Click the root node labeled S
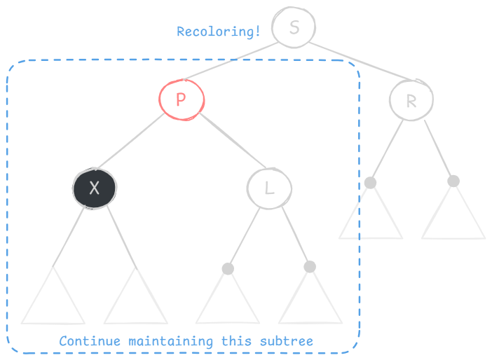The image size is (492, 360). pyautogui.click(x=294, y=28)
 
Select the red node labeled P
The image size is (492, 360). pyautogui.click(x=181, y=99)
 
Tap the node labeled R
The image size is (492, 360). pyautogui.click(x=411, y=101)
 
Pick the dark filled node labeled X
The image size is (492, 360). pyautogui.click(x=95, y=187)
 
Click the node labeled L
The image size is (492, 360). pyautogui.click(x=269, y=188)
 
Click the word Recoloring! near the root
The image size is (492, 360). pyautogui.click(x=219, y=32)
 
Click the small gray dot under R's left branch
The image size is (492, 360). pyautogui.click(x=370, y=183)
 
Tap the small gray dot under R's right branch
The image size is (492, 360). pyautogui.click(x=453, y=181)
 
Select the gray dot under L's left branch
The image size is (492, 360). pyautogui.click(x=227, y=268)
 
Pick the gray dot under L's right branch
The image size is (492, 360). pyautogui.click(x=310, y=266)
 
